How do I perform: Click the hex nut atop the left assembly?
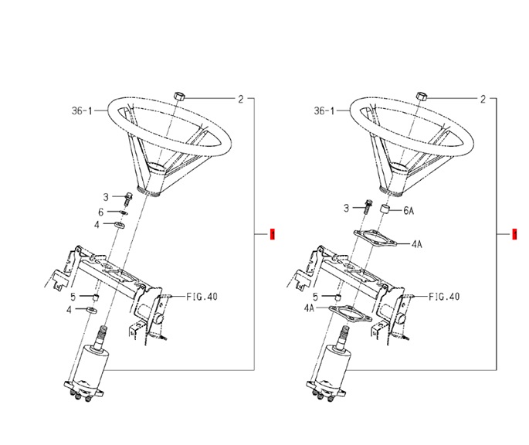click(179, 96)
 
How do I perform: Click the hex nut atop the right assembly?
click(422, 96)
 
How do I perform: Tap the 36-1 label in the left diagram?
click(82, 110)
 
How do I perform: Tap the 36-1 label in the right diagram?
click(324, 110)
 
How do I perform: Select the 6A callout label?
click(409, 211)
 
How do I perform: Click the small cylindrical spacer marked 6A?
click(385, 209)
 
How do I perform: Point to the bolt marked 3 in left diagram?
click(128, 199)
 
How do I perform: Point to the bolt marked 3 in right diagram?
click(368, 206)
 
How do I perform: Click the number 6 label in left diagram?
click(101, 212)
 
